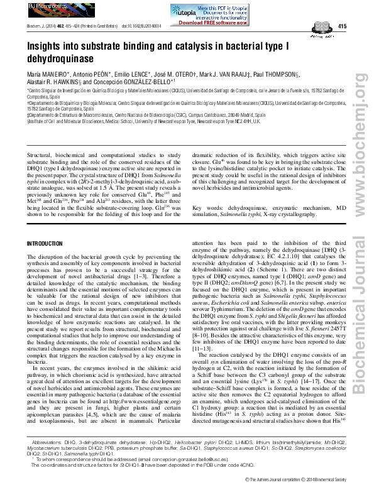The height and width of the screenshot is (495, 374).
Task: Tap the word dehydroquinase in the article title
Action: click(x=60, y=58)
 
